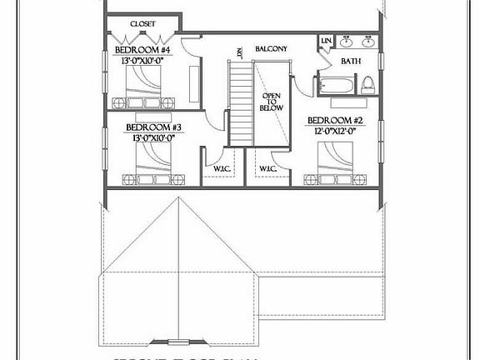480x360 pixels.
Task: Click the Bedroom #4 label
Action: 142,49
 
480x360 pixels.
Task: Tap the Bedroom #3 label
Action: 153,127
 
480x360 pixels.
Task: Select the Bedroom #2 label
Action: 334,119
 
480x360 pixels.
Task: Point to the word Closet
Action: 142,24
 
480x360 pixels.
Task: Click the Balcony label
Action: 271,49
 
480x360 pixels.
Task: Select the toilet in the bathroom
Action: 367,84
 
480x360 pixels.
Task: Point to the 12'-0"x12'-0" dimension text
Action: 334,130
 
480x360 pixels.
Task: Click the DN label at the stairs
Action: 237,52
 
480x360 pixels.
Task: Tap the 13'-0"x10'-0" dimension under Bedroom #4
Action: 142,59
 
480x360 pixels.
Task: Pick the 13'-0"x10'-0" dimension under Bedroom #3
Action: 153,138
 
